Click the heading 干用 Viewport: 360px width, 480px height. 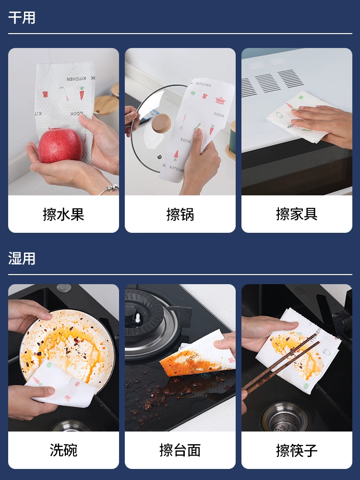coord(22,17)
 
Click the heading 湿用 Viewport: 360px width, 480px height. coord(22,258)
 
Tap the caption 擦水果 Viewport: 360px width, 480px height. coord(63,214)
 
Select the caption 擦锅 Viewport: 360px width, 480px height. coord(180,214)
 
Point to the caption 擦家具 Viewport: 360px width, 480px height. coord(297,214)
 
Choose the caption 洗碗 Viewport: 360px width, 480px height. coord(63,450)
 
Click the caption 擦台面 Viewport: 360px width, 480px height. coord(180,450)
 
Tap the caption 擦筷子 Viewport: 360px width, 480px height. coord(297,450)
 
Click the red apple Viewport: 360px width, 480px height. coord(60,145)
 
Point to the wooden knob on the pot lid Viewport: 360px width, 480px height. coord(161,123)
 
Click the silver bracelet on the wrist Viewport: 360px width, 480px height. coord(109,189)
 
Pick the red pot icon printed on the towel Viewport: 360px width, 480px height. coord(220,100)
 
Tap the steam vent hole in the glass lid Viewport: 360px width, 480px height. coord(159,157)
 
